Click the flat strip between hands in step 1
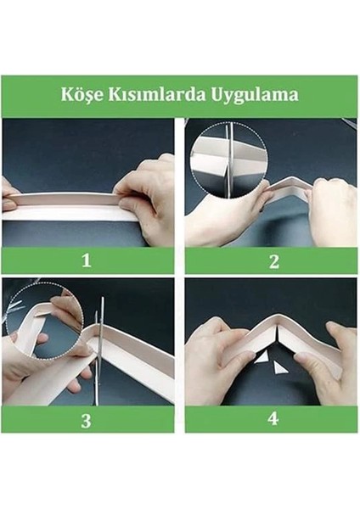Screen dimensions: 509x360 (68, 206)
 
